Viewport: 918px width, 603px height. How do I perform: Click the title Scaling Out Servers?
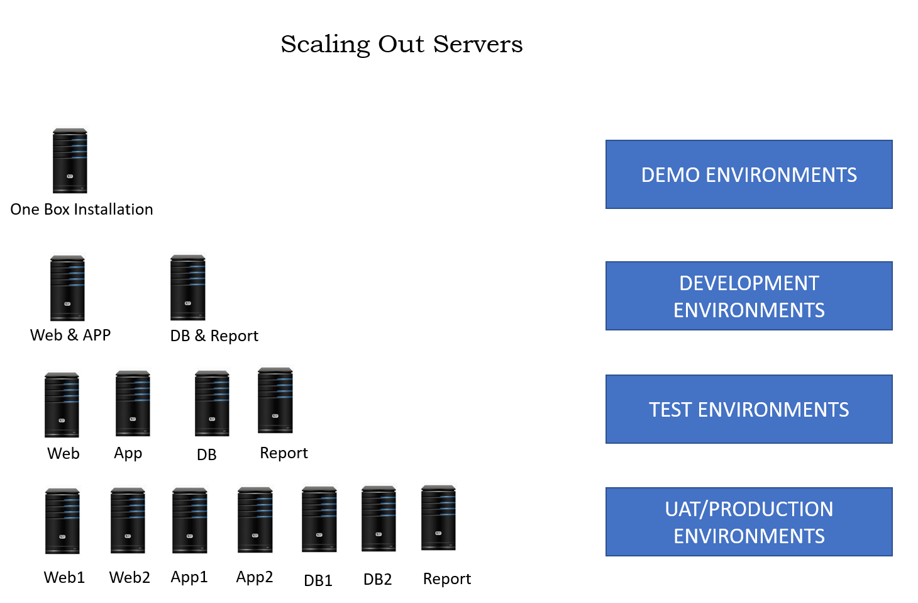pos(401,44)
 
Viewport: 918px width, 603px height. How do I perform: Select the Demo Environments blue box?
pos(748,174)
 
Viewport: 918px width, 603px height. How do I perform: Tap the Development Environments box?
pos(748,296)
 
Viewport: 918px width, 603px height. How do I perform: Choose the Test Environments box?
pos(748,409)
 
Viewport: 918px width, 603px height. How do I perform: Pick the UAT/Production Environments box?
pos(748,522)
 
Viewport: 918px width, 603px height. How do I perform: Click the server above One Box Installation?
pos(70,161)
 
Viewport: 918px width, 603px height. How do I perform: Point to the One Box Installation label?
pos(82,210)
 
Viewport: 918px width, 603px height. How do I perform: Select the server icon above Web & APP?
pos(67,288)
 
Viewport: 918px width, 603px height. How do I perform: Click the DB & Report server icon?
pos(188,288)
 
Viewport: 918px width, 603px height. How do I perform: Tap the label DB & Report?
pos(214,336)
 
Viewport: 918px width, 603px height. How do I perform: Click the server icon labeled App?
pos(133,403)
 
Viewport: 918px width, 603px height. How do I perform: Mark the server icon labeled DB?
pos(212,403)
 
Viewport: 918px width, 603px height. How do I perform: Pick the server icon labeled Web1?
pos(62,521)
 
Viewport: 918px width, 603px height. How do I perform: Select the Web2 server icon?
pos(128,521)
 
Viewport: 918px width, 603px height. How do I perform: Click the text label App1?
pos(189,577)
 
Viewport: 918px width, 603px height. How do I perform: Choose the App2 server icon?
pos(255,520)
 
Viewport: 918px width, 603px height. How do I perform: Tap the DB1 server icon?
pos(319,519)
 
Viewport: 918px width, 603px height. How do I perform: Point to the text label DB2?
pos(377,580)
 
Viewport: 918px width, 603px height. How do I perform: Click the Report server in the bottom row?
pos(438,518)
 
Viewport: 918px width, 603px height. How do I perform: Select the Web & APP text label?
pos(70,335)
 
